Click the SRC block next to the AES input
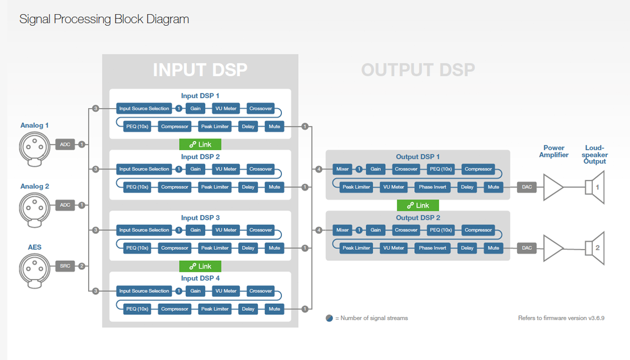[65, 266]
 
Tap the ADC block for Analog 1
[65, 144]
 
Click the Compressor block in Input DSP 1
[175, 126]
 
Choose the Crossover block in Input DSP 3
[260, 230]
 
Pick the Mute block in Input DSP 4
[274, 309]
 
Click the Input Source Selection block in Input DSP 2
[144, 169]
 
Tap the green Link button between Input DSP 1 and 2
[200, 144]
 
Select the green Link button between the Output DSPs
[418, 205]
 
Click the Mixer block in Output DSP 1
[342, 169]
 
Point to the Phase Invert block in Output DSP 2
[432, 248]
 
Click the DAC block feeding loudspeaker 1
[527, 187]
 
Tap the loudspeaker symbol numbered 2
[595, 248]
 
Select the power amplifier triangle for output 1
[553, 187]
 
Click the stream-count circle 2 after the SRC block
[82, 266]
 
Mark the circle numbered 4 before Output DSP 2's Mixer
[319, 230]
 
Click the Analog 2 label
[35, 186]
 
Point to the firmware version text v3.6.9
[596, 318]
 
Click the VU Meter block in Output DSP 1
[393, 187]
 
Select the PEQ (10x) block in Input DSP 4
[137, 309]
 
